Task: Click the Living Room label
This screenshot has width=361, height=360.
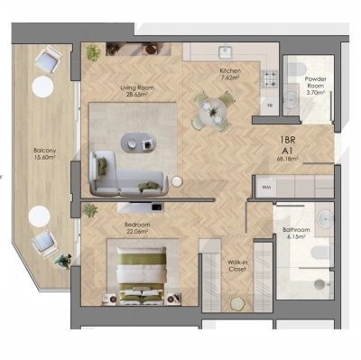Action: (x=138, y=88)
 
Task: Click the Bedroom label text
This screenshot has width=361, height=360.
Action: (x=137, y=222)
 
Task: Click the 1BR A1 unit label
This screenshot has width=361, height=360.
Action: (x=289, y=146)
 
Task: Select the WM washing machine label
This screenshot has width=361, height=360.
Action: (x=266, y=186)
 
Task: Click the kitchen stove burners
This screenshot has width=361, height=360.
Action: (x=268, y=78)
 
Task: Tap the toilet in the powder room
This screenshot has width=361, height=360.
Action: (x=292, y=98)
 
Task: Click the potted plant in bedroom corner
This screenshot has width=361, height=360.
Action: (x=90, y=210)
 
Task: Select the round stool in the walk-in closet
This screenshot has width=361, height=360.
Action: (x=236, y=301)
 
